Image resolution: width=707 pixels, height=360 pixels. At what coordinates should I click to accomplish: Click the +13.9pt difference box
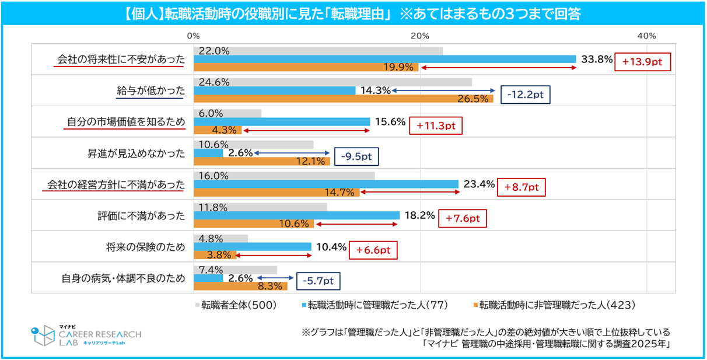[x=643, y=61]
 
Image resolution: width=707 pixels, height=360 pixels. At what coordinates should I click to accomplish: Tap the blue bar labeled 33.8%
[x=384, y=59]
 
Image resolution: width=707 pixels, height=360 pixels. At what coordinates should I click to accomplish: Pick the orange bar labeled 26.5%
[x=343, y=99]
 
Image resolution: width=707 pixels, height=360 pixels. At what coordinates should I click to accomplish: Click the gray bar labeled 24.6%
[x=332, y=82]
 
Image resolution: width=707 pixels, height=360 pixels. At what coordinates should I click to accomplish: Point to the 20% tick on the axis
[x=420, y=36]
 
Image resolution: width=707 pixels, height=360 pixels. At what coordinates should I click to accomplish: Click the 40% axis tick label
[x=647, y=36]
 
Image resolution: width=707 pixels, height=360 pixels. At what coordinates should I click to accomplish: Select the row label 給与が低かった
[x=150, y=90]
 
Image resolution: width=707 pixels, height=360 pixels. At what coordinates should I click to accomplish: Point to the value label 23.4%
[x=478, y=184]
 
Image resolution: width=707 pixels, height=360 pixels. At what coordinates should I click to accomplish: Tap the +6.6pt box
[x=373, y=250]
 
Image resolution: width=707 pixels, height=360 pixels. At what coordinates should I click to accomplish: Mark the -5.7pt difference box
[x=318, y=281]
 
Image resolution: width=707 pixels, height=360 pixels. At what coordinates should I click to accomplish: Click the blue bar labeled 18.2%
[x=296, y=215]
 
